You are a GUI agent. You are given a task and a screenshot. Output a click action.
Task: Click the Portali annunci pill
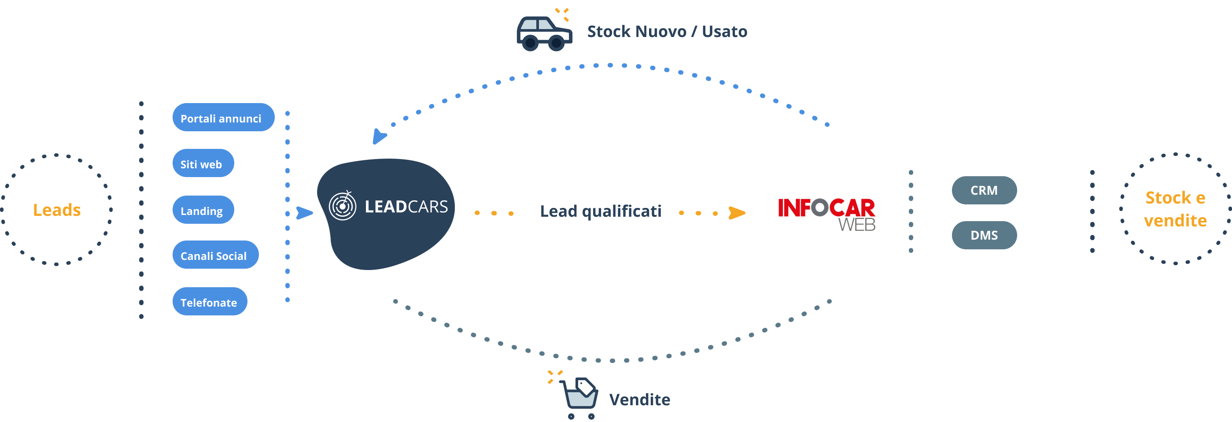pos(223,117)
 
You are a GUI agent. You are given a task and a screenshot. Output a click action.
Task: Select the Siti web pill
pos(203,163)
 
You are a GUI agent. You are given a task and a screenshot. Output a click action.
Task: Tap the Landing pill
pos(203,210)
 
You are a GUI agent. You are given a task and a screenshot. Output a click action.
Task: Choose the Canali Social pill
pos(216,255)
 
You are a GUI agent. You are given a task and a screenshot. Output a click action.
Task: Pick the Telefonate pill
pos(210,301)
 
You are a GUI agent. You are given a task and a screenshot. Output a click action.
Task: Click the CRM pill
pos(984,190)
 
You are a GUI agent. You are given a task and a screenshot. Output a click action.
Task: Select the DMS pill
pos(984,235)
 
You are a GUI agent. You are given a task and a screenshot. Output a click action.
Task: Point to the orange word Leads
pos(57,210)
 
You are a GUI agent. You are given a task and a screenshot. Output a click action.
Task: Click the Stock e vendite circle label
pos(1175,209)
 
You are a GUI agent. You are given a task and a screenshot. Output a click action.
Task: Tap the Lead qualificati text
pos(601,211)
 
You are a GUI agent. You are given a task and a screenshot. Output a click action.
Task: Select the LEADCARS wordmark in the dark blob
pos(406,207)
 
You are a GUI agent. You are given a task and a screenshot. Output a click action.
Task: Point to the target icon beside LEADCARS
pos(343,206)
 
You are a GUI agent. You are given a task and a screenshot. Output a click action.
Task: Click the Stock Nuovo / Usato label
pos(667,32)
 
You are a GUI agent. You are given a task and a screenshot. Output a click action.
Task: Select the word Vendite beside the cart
pos(639,400)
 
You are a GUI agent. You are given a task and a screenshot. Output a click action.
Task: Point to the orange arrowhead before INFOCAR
pos(737,213)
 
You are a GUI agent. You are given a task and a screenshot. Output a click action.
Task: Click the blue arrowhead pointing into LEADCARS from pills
pos(304,213)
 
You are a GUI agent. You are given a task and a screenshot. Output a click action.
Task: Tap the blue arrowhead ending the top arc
pos(379,137)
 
